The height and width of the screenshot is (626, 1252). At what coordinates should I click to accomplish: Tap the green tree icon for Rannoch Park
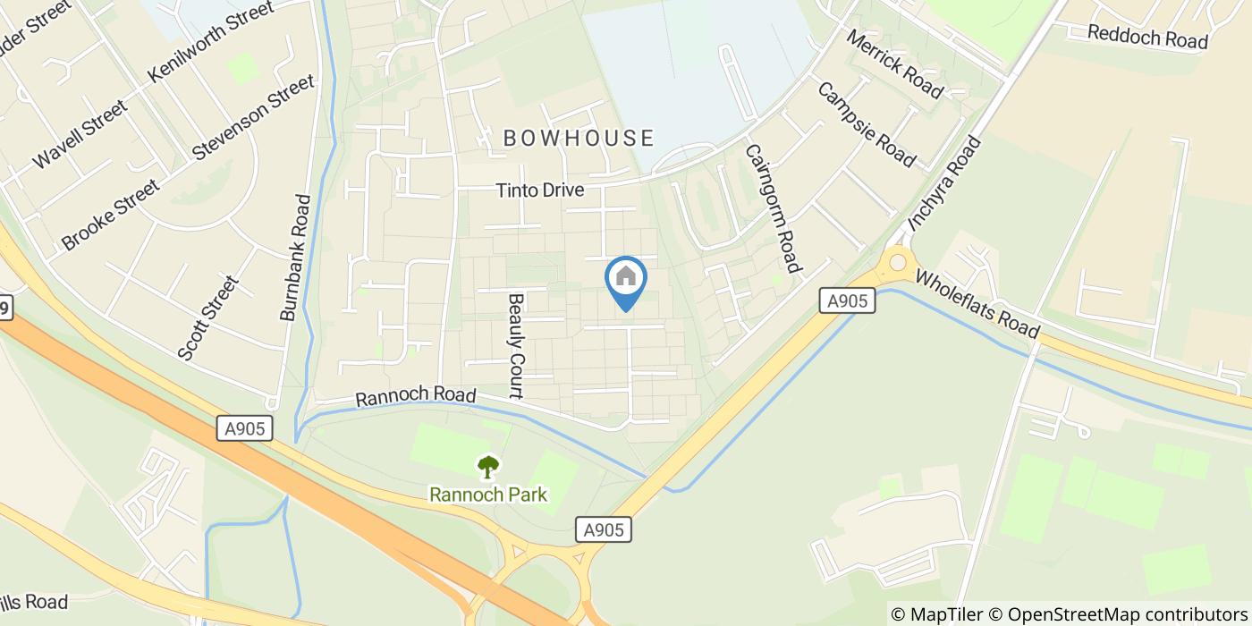click(x=487, y=467)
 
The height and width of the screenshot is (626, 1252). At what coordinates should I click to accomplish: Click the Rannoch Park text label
click(x=487, y=495)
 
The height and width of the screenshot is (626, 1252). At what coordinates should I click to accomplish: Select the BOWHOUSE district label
click(x=579, y=138)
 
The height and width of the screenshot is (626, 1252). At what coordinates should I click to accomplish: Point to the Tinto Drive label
click(x=540, y=190)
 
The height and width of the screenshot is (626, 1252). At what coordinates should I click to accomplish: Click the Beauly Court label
click(x=515, y=345)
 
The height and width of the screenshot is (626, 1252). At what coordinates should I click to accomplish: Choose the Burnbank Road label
click(x=294, y=258)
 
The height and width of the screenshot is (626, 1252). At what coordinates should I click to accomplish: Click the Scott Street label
click(x=208, y=318)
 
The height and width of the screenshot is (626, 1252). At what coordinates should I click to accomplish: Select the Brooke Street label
click(x=111, y=215)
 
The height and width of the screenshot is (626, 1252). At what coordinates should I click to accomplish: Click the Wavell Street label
click(x=80, y=134)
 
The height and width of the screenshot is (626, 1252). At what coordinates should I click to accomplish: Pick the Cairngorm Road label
click(x=770, y=208)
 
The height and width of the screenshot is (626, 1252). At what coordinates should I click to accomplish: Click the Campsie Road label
click(x=866, y=125)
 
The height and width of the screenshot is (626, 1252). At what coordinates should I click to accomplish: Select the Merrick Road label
click(x=893, y=65)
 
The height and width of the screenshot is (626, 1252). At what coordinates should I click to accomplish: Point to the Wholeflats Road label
click(x=977, y=306)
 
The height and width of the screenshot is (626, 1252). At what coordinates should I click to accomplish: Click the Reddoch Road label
click(x=1147, y=37)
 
